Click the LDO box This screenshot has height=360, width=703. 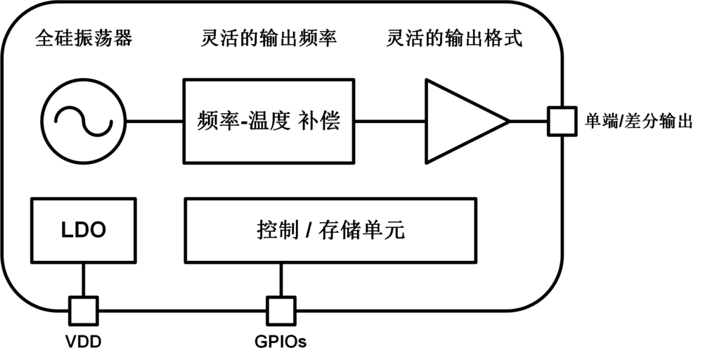(83, 230)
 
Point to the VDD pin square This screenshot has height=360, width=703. (83, 308)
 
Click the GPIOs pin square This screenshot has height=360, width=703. (281, 308)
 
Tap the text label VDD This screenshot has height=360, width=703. (83, 343)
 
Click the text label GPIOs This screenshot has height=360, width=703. (281, 343)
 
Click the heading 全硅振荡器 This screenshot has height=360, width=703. (83, 39)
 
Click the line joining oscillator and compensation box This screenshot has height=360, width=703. (154, 121)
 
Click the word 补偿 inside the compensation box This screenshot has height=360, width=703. (321, 121)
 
